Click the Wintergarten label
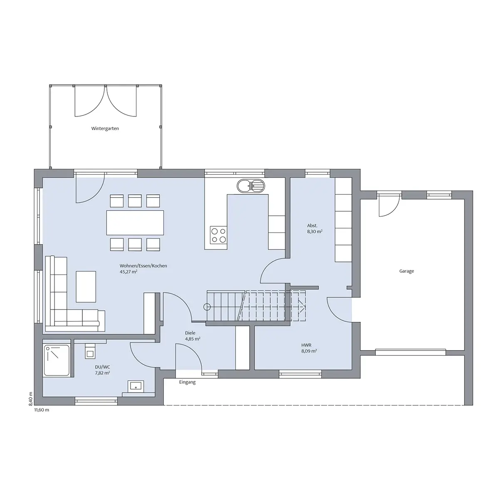tap(105, 128)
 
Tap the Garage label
tap(407, 271)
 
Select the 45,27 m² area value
tap(128, 272)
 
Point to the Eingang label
tap(187, 382)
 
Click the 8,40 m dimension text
tap(30, 398)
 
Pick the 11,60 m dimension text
tap(42, 410)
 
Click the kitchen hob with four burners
tap(218, 235)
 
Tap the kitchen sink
tap(251, 186)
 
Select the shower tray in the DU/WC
tap(57, 360)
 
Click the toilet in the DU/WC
tap(90, 351)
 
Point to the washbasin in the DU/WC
tap(136, 386)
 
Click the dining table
tap(135, 223)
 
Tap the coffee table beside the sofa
tap(86, 287)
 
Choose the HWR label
tap(306, 345)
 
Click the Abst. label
tap(312, 225)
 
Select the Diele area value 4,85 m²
tap(193, 339)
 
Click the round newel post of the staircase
tap(207, 307)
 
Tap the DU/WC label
tap(103, 367)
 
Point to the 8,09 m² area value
tap(309, 351)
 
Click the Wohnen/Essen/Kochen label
tap(143, 266)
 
